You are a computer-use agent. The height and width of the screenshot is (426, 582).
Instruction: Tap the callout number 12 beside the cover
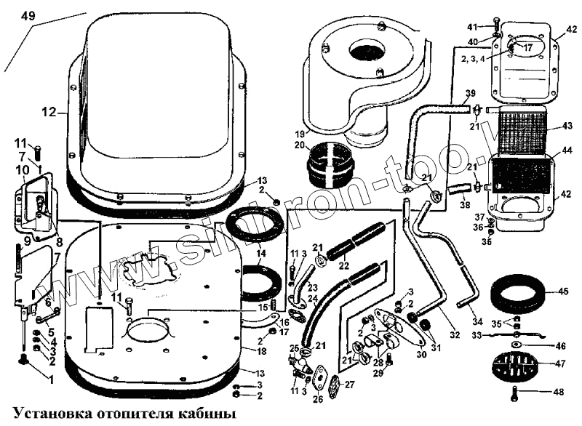(x=48, y=112)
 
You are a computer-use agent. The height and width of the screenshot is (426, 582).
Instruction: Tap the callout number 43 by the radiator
(x=567, y=126)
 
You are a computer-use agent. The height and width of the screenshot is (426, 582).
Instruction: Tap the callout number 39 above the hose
(x=471, y=93)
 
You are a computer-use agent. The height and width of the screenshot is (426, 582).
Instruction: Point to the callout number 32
(x=455, y=334)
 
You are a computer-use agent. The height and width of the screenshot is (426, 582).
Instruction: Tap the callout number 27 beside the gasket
(x=348, y=385)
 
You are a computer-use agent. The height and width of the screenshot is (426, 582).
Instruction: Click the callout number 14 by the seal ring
(x=260, y=253)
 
